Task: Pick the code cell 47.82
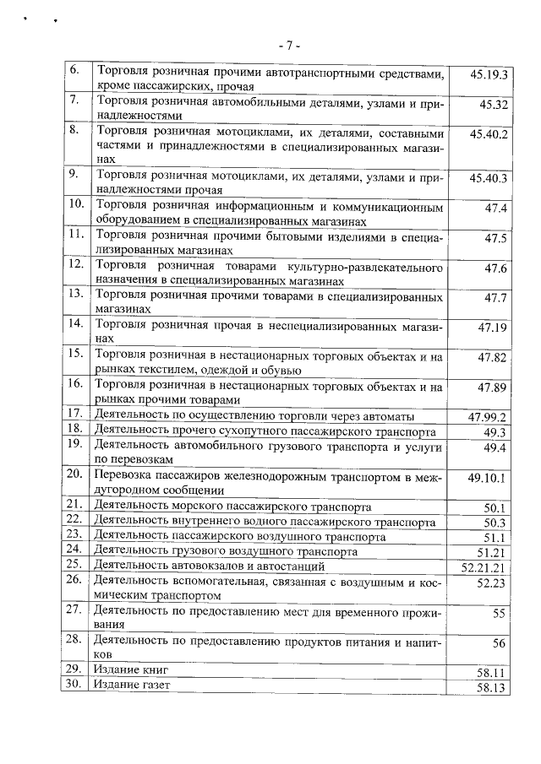pos(492,358)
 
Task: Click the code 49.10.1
pos(488,477)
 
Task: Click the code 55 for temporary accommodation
pos(498,613)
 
